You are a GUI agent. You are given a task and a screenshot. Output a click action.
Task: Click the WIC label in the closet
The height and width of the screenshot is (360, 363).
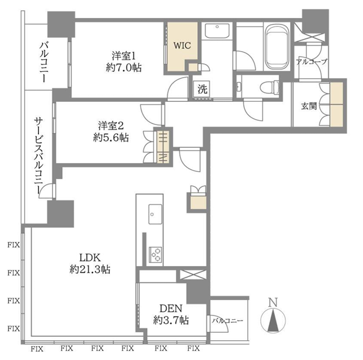[182, 45]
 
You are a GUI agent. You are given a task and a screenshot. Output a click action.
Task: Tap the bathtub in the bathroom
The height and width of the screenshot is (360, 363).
[277, 47]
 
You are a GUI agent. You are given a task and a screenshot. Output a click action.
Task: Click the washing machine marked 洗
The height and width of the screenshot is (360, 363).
[202, 89]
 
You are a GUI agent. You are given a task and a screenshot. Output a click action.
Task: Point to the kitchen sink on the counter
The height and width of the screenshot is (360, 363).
[155, 214]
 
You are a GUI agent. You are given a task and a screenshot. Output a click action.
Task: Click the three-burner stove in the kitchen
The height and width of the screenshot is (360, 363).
[155, 255]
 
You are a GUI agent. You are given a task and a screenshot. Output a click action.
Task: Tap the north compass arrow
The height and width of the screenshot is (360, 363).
[273, 320]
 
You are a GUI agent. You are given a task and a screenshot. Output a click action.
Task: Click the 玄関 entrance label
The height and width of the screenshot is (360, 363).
[309, 106]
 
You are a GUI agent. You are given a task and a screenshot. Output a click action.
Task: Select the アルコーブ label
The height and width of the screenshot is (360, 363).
[312, 62]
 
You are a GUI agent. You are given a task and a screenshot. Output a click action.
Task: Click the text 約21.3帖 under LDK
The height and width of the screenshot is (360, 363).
[90, 269]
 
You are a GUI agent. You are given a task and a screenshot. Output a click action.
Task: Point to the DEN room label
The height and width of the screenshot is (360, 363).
[171, 308]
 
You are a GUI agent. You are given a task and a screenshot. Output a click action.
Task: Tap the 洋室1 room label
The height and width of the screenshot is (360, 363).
[123, 56]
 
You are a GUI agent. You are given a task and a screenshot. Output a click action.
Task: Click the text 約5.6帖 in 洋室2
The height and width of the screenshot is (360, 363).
[111, 138]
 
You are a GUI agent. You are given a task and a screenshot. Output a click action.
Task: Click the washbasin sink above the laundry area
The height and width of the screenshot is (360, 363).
[217, 31]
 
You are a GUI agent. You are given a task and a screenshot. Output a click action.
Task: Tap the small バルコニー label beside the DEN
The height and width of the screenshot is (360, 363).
[228, 320]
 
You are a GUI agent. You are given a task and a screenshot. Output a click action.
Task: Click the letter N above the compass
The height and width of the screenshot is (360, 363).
[273, 302]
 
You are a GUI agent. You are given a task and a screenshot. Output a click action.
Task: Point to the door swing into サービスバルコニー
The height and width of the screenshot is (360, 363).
[46, 191]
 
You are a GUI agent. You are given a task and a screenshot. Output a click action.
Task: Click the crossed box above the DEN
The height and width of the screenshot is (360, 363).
[193, 275]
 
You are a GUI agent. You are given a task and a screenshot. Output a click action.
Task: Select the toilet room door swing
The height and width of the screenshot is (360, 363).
[253, 109]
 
